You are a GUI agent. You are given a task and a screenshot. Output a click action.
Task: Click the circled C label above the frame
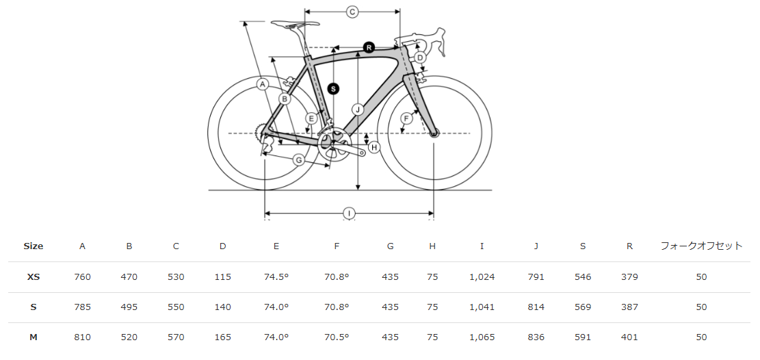(352, 12)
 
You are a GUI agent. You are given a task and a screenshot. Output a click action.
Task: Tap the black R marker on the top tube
(369, 47)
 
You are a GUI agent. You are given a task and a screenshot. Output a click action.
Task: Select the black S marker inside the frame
(333, 89)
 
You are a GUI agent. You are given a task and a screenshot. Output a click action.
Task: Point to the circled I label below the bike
(350, 213)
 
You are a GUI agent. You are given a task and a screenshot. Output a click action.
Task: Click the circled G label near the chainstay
(299, 159)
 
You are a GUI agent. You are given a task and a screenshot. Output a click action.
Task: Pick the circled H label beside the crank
(374, 147)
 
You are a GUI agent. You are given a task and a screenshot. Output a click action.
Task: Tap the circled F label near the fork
(406, 118)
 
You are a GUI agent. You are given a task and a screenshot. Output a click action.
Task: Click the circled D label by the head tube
(420, 58)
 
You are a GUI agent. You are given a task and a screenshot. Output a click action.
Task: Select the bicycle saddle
(296, 23)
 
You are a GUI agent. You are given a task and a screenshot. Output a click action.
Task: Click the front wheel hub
(434, 133)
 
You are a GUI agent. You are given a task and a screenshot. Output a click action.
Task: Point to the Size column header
(34, 246)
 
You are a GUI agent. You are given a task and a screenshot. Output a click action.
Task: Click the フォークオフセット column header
(701, 246)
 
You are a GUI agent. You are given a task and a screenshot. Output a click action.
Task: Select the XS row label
(34, 277)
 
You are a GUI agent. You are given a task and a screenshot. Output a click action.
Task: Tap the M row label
(34, 337)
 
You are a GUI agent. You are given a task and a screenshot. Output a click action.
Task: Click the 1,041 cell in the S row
(482, 307)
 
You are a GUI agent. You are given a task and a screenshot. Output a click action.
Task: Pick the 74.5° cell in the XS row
(276, 277)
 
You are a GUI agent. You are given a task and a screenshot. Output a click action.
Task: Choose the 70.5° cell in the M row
(337, 337)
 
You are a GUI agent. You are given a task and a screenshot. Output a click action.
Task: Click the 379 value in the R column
(629, 277)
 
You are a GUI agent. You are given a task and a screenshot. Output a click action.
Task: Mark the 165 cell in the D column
(222, 337)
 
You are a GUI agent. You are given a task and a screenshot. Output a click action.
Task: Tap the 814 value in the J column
(536, 307)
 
